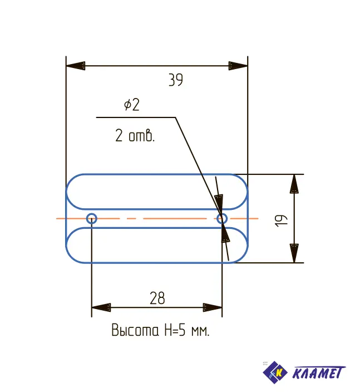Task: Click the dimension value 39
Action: click(176, 80)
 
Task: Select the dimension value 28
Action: click(157, 298)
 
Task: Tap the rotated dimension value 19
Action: click(281, 220)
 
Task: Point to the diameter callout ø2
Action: click(132, 105)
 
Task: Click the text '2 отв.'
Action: click(135, 136)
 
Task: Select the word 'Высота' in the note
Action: click(135, 330)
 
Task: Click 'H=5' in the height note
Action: click(175, 330)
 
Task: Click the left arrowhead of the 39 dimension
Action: click(76, 66)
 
